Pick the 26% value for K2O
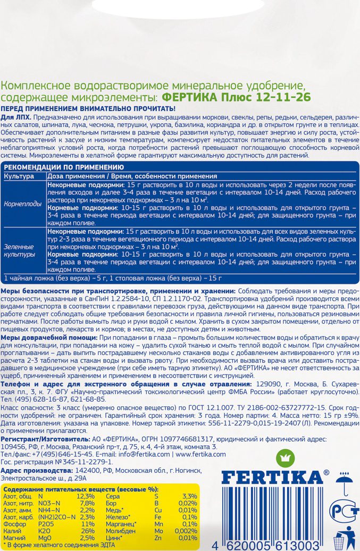[87, 531]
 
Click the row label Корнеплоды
[21, 203]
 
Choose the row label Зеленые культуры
[19, 251]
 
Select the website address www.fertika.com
[200, 454]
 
